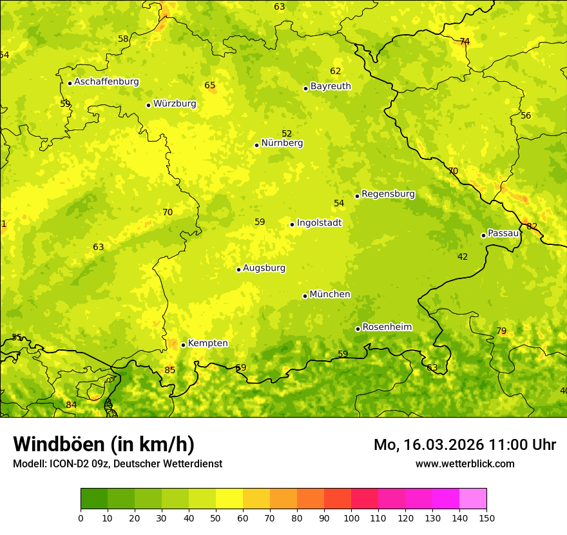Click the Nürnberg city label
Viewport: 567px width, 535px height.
[282, 143]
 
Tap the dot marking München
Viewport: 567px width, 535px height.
[305, 296]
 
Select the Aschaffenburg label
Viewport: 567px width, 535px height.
[106, 82]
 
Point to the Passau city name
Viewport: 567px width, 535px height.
[503, 233]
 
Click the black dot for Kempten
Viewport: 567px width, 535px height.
[184, 345]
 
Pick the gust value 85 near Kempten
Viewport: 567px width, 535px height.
[169, 370]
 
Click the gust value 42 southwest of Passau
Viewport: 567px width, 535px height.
[463, 257]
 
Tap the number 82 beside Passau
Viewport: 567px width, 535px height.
[532, 226]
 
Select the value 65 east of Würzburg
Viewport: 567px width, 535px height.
[210, 85]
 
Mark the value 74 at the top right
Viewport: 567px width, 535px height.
[465, 42]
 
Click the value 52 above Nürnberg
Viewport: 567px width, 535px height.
[287, 133]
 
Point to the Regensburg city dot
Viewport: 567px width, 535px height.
[357, 196]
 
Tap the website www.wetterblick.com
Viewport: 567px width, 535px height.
[465, 463]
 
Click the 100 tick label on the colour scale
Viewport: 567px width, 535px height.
[351, 518]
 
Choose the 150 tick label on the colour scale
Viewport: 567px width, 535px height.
[486, 518]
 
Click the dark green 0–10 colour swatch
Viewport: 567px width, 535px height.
[94, 499]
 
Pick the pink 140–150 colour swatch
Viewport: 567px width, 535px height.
[473, 499]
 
